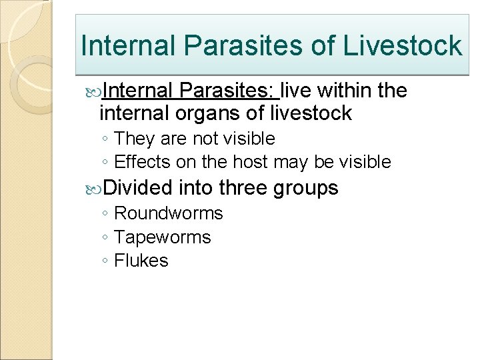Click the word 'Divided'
(138, 188)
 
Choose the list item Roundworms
(169, 213)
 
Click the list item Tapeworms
(163, 237)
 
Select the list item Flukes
(141, 261)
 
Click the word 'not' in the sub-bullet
(204, 139)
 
